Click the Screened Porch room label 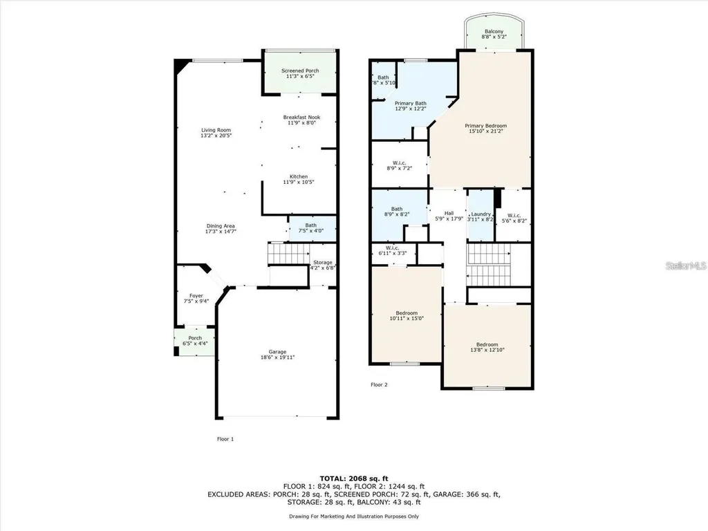click(x=300, y=71)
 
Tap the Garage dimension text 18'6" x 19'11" click(x=277, y=357)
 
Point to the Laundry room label click(x=481, y=214)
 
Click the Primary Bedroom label click(x=485, y=126)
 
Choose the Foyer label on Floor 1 click(x=196, y=295)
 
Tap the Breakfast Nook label click(x=301, y=118)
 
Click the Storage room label click(x=323, y=263)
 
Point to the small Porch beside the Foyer click(x=195, y=341)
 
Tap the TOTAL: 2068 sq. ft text click(x=353, y=478)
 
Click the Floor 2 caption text click(x=380, y=384)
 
